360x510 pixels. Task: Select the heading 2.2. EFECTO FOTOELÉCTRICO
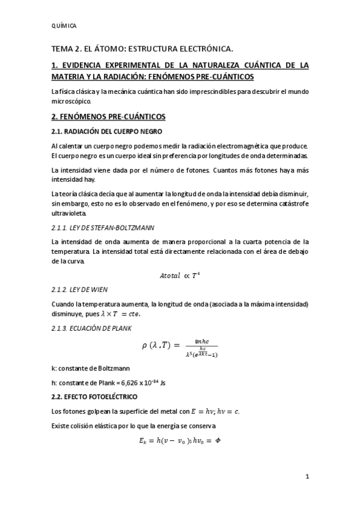pos(94,396)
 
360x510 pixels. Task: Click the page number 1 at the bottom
pos(307,478)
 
